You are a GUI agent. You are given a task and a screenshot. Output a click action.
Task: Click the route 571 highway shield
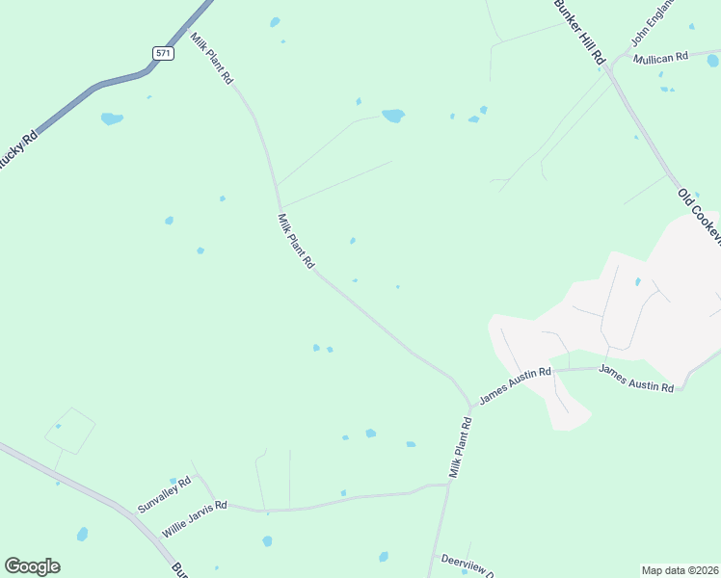pyautogui.click(x=163, y=53)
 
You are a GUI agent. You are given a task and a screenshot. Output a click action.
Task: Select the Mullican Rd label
pyautogui.click(x=660, y=58)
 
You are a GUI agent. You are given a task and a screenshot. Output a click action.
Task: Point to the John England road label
pyautogui.click(x=650, y=23)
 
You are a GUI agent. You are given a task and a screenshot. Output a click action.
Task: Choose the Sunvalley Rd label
pyautogui.click(x=164, y=492)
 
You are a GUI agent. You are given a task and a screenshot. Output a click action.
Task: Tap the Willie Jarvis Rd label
pyautogui.click(x=194, y=518)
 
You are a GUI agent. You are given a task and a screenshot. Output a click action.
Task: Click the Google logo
pyautogui.click(x=32, y=566)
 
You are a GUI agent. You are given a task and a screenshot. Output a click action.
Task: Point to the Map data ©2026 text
pyautogui.click(x=679, y=569)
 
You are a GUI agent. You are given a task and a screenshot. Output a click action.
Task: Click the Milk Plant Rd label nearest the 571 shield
pyautogui.click(x=212, y=59)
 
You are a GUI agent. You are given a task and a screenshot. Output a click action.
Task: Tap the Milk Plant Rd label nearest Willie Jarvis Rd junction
pyautogui.click(x=460, y=448)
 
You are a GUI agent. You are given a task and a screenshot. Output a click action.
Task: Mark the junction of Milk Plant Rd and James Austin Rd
pyautogui.click(x=471, y=405)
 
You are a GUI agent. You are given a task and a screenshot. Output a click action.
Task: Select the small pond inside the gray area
pyautogui.click(x=637, y=282)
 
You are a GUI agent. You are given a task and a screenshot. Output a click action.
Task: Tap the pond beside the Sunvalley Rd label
pyautogui.click(x=174, y=481)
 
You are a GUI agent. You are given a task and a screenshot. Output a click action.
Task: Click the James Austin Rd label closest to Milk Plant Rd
pyautogui.click(x=516, y=383)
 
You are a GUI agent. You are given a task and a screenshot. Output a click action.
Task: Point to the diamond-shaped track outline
pyautogui.click(x=70, y=431)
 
